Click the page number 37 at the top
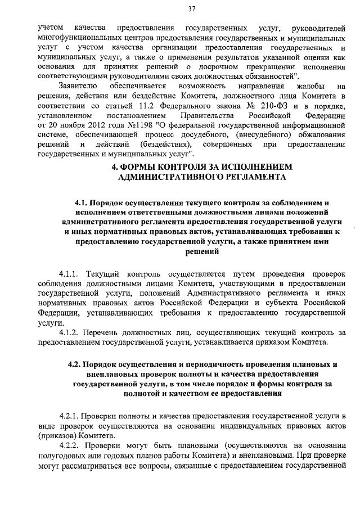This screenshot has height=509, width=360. point(191,8)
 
